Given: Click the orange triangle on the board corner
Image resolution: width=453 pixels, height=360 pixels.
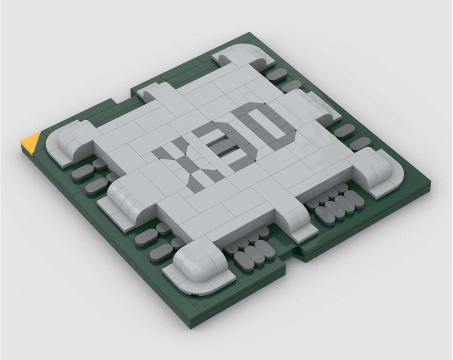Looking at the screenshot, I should [x=31, y=144].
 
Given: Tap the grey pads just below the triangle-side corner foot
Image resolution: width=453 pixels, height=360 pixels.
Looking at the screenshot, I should [x=93, y=175].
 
